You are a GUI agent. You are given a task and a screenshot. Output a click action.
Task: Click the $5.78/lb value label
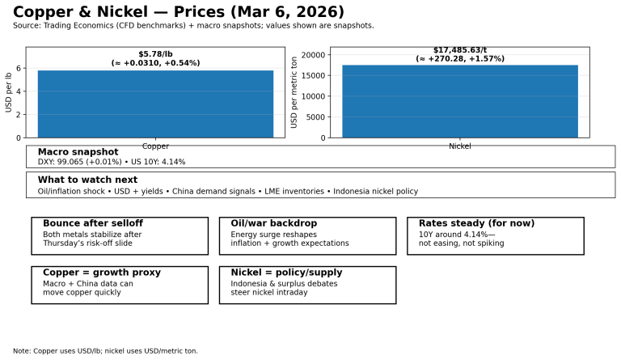click(x=155, y=53)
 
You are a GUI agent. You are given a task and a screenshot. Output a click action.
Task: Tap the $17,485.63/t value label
click(x=459, y=50)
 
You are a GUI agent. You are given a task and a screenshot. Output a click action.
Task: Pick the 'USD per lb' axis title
click(x=9, y=92)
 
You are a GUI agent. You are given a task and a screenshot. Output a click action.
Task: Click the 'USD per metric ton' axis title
click(x=294, y=92)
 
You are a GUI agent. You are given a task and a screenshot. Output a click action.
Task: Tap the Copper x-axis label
click(x=155, y=146)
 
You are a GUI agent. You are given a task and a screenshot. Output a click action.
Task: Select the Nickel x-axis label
click(x=459, y=146)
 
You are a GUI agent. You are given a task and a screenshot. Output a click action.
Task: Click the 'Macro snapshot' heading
click(x=78, y=152)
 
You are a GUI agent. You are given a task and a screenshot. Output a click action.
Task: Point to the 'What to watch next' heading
click(x=87, y=180)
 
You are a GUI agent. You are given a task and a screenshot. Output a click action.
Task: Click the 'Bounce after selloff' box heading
click(x=93, y=223)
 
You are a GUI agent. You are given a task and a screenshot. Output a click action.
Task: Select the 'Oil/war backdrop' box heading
click(x=273, y=223)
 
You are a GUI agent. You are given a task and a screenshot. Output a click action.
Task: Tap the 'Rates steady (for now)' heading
click(x=476, y=223)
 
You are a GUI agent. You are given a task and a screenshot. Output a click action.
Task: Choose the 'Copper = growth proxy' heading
click(x=102, y=273)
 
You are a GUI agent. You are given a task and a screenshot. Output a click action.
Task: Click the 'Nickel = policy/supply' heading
click(x=286, y=273)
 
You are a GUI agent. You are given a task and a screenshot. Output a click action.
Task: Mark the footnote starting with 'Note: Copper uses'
click(x=105, y=351)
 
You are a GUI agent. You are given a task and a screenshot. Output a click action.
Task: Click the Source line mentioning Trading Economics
click(x=193, y=26)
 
